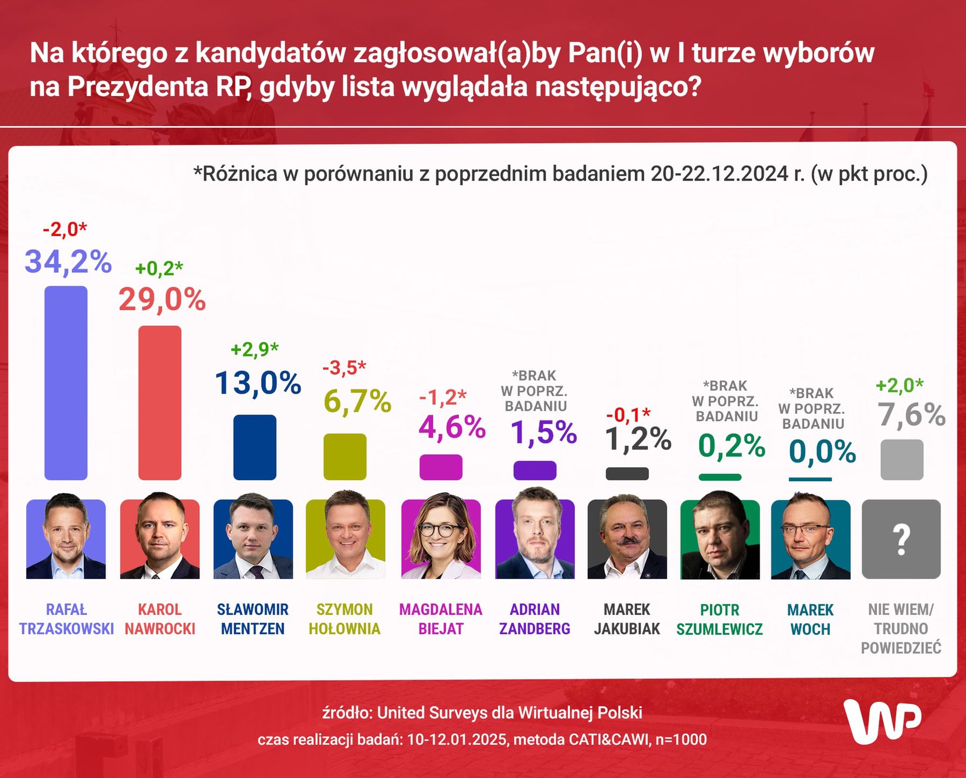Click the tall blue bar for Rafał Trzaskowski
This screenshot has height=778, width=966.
click(66, 383)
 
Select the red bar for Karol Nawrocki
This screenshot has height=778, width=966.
click(160, 403)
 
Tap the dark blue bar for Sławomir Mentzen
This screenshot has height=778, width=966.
click(254, 447)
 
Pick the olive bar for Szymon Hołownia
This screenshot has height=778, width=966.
click(345, 456)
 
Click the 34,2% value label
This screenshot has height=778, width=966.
click(68, 262)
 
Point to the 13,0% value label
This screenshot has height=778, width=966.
click(258, 383)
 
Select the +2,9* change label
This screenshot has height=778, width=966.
click(254, 350)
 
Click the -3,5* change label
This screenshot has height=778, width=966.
click(344, 368)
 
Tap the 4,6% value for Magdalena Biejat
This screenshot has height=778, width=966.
click(452, 427)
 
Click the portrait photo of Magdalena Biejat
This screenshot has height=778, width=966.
click(441, 539)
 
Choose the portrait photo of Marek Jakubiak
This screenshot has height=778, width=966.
click(627, 539)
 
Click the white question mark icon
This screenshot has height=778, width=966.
click(901, 540)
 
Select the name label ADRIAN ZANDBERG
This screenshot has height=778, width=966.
click(535, 619)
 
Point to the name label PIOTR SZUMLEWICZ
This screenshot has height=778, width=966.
click(720, 620)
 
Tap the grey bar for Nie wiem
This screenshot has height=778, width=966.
click(902, 460)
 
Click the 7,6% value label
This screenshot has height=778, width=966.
click(911, 415)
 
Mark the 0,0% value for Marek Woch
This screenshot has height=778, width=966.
click(822, 452)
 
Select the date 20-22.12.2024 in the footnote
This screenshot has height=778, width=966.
click(719, 174)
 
